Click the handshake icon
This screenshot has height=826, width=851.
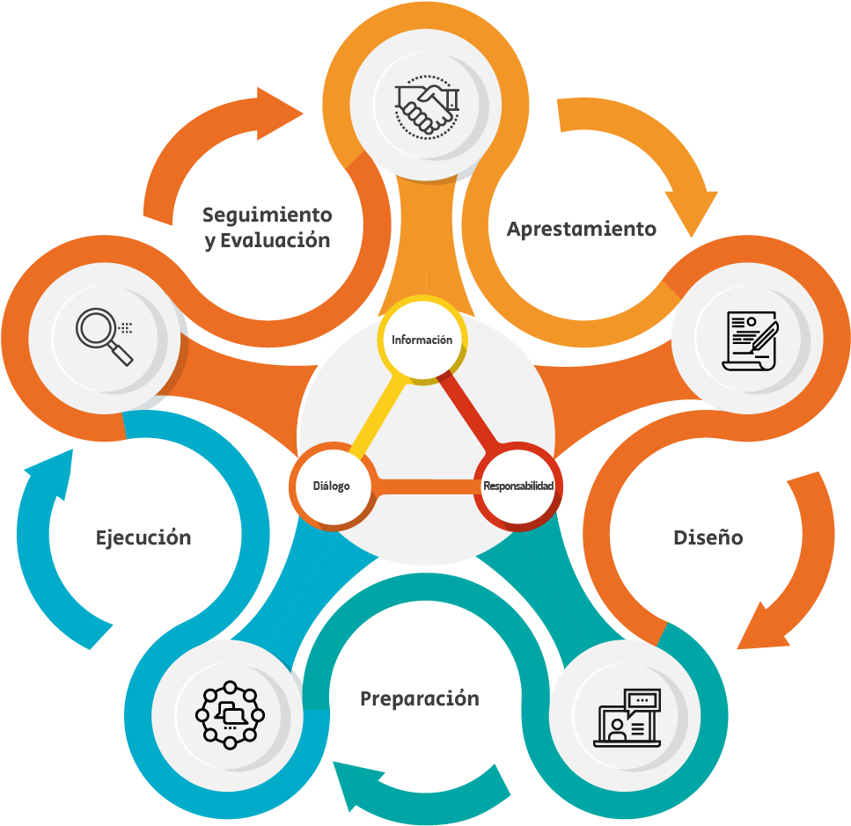(427, 106)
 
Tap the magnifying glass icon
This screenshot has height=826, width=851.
(105, 337)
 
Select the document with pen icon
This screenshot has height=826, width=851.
(750, 341)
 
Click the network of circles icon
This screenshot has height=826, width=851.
(230, 715)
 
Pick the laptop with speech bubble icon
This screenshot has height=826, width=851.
(627, 718)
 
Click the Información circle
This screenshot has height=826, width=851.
(422, 340)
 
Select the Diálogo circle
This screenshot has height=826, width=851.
(332, 486)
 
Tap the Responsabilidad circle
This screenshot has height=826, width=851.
(517, 486)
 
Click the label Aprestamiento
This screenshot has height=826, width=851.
(581, 230)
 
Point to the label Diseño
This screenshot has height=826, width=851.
(708, 537)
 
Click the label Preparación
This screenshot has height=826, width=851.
(420, 699)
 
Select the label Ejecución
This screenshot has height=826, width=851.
(143, 538)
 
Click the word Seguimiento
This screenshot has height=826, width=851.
(267, 216)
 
